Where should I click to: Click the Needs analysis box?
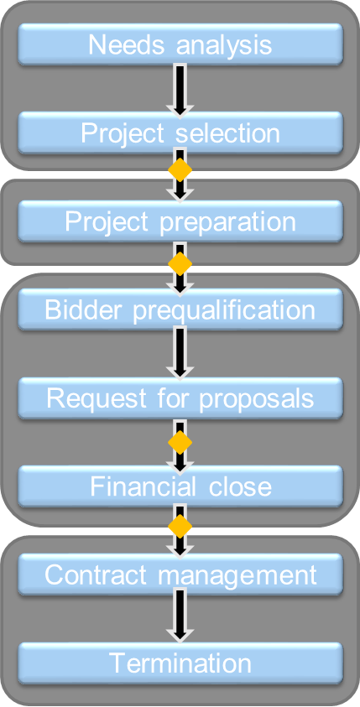click(x=180, y=44)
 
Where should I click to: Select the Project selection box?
click(x=180, y=133)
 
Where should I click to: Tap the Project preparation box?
click(x=180, y=221)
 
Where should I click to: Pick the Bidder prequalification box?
click(x=180, y=309)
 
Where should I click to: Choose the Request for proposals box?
click(x=180, y=398)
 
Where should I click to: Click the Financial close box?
click(x=180, y=486)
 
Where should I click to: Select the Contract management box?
click(x=180, y=574)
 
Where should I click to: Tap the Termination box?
click(x=180, y=663)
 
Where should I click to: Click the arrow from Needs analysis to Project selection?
click(x=180, y=89)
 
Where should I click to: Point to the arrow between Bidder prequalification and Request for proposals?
click(x=180, y=355)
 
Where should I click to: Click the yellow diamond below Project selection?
click(x=180, y=170)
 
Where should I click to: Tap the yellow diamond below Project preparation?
click(x=180, y=264)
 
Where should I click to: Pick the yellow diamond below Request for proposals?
click(x=180, y=442)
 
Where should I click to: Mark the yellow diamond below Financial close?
click(x=180, y=526)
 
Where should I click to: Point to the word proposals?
click(x=256, y=399)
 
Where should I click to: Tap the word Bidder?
click(x=85, y=309)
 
